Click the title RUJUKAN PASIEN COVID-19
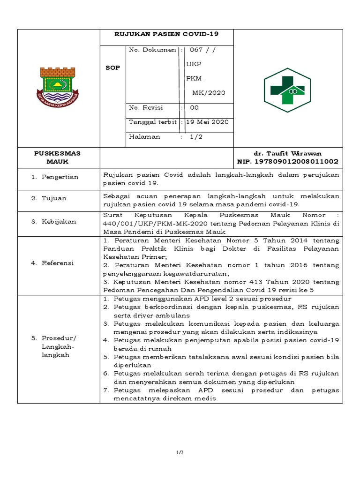pos(167,34)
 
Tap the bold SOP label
pos(112,67)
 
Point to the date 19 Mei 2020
pos(207,122)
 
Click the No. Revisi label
pos(146,107)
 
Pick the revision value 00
pos(194,107)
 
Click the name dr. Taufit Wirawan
pos(287,153)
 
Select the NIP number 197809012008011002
pos(288,161)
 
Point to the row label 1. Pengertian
pos(55,177)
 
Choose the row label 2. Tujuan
pos(49,198)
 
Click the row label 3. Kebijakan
pos(53,221)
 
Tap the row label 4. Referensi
pos(52,263)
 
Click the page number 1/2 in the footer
pos(180,452)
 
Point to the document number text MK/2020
pos(209,92)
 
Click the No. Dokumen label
pos(152,50)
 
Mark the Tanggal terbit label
pos(153,122)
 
